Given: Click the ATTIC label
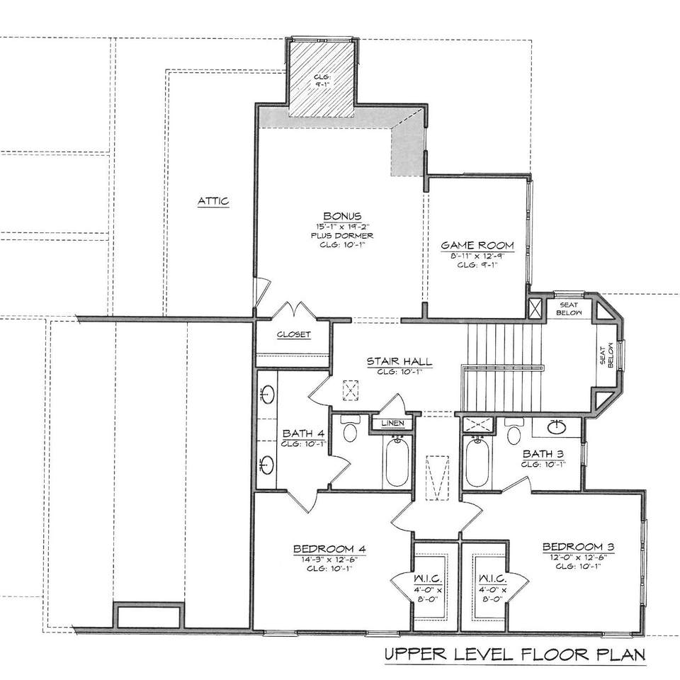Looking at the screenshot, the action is tap(213, 201).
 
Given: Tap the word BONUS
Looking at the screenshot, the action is tap(342, 216).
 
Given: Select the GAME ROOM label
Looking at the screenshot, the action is tap(477, 246).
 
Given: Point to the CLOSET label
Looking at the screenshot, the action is tap(294, 334).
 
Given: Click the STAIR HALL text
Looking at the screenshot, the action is tap(399, 361).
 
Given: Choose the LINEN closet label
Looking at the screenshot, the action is tap(393, 424).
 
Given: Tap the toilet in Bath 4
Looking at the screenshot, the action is tap(349, 428).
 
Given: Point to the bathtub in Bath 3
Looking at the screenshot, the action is tap(477, 463).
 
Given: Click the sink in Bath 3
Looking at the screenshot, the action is tap(557, 427).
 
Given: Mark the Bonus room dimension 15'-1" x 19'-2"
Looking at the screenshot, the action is tap(341, 227).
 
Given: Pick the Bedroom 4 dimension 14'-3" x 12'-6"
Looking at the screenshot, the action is tap(329, 560).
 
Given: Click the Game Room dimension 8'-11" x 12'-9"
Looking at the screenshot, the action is tap(477, 256).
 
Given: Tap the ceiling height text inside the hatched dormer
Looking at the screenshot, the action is tap(322, 81).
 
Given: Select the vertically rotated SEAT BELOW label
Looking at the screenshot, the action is tap(607, 356).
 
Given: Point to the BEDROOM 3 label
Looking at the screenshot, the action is tap(578, 547).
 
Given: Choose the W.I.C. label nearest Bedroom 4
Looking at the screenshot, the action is tap(428, 579).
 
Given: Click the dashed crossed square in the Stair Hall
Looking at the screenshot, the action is tap(351, 390).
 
